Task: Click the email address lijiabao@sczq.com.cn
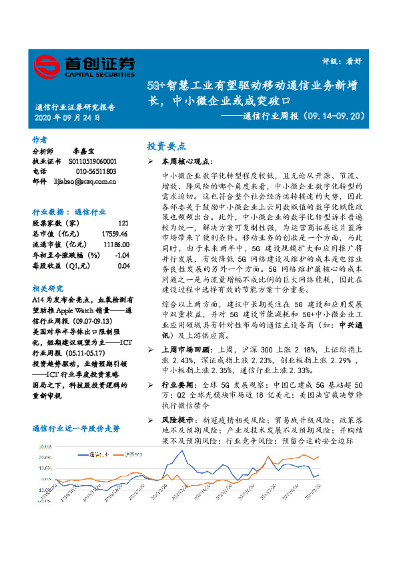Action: pos(85,181)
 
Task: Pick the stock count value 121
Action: pos(123,223)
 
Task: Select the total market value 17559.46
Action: pos(115,233)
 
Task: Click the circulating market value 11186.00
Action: pos(115,244)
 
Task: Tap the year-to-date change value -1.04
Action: pos(121,255)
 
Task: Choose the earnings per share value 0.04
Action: pos(123,265)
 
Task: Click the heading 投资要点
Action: pos(166,145)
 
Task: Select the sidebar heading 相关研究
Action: pos(47,288)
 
